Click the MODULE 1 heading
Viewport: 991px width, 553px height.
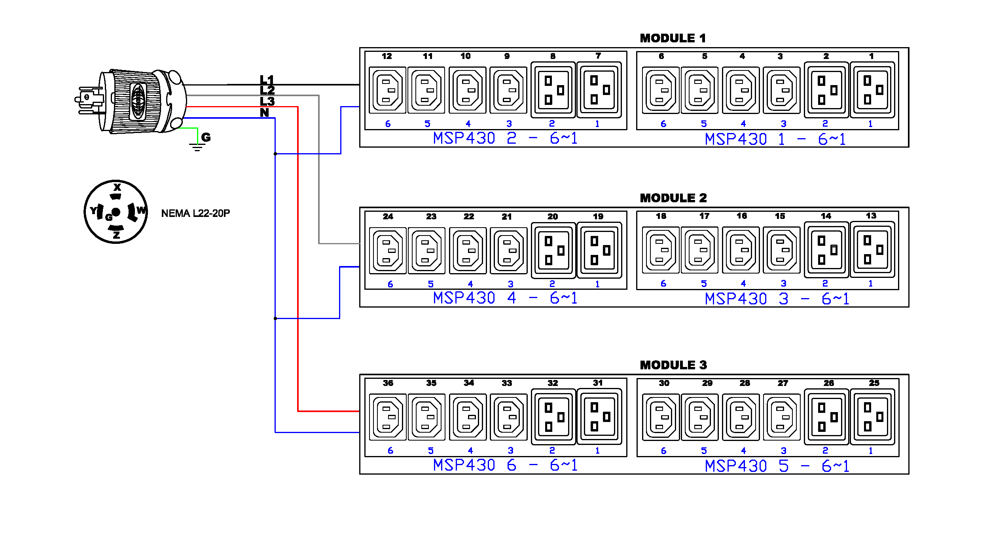coord(673,38)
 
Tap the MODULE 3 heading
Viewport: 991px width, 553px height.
coord(673,365)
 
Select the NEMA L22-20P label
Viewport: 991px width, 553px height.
coord(195,213)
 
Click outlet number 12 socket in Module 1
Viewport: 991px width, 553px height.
coord(387,90)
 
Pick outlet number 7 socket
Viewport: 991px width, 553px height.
coord(599,90)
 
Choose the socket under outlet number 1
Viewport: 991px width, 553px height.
coord(872,90)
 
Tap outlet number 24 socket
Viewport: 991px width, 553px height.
coord(388,251)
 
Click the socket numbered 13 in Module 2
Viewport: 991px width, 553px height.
coord(872,250)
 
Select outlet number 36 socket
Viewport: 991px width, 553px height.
coord(388,417)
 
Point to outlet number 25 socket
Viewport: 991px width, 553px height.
coord(872,417)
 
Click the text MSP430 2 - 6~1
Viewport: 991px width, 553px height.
coord(505,138)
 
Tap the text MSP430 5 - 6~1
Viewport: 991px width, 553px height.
coord(777,466)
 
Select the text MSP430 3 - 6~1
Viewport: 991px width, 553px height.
coord(777,299)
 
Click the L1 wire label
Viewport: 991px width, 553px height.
coord(267,80)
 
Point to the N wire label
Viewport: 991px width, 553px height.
coord(264,113)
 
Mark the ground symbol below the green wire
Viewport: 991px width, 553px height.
coord(197,148)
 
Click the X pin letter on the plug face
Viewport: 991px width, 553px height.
coord(117,187)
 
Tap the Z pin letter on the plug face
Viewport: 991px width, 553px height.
coord(116,235)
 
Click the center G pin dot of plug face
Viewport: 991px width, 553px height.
coord(116,212)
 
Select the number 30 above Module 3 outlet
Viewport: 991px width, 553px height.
coord(664,383)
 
